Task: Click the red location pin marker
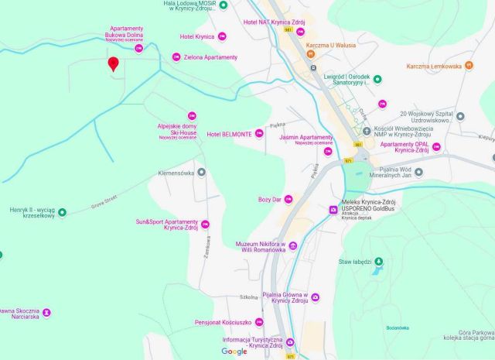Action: [113, 64]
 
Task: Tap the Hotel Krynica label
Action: [197, 36]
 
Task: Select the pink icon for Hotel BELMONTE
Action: [259, 134]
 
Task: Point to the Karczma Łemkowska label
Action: [434, 67]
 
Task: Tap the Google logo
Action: [234, 351]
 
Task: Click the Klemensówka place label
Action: [176, 172]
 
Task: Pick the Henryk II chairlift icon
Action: [63, 212]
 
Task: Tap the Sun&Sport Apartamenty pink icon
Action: [205, 225]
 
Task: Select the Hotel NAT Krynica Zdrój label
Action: [274, 22]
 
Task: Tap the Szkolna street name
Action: [248, 297]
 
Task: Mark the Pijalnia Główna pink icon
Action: [316, 298]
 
